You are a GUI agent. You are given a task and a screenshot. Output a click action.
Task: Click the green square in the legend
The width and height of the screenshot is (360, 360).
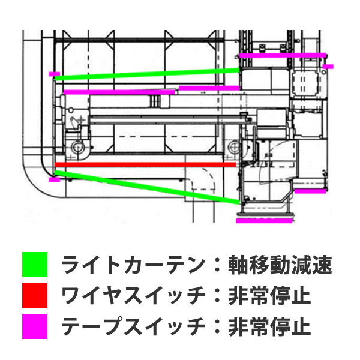(35, 264)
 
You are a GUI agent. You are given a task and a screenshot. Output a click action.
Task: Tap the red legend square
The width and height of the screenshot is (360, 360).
(35, 295)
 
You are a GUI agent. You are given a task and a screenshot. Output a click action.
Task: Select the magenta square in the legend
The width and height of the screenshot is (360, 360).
(35, 327)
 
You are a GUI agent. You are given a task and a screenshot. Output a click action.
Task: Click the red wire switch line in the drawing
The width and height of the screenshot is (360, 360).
(144, 164)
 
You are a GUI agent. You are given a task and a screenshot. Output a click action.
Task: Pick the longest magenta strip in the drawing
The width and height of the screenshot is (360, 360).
(119, 92)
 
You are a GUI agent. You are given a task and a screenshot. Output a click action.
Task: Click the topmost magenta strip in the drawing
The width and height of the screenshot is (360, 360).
(283, 55)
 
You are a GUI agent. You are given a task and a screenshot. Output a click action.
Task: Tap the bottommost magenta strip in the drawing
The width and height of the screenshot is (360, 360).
(262, 220)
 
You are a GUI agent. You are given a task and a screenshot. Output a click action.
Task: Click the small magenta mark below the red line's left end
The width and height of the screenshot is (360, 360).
(54, 179)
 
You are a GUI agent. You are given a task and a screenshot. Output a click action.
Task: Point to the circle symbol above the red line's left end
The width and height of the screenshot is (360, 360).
(76, 147)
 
